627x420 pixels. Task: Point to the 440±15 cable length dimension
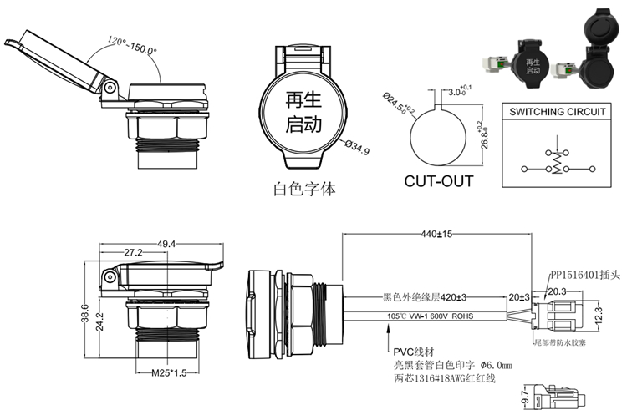pos(436,235)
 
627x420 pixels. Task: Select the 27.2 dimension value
pos(132,253)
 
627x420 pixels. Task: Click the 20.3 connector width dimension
pos(557,291)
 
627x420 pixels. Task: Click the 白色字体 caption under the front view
pos(304,190)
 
